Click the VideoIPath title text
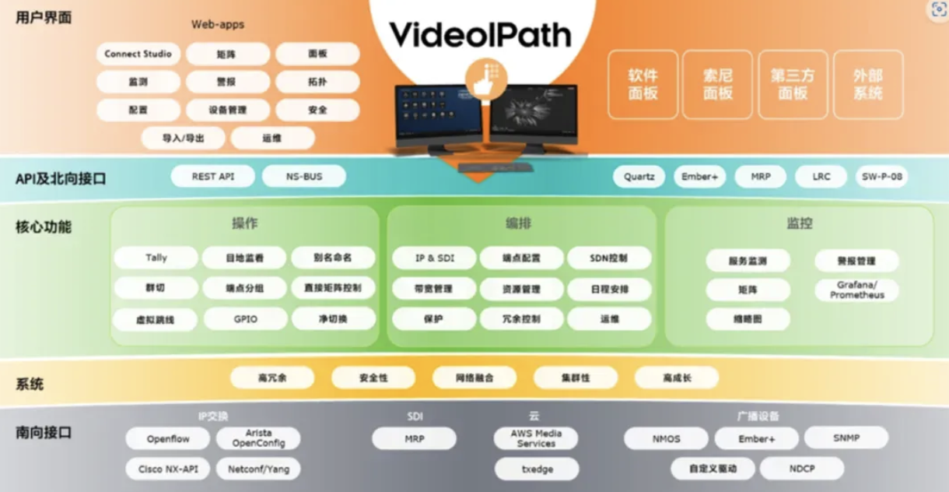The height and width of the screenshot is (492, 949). pos(480,34)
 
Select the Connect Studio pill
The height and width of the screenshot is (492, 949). pos(138,54)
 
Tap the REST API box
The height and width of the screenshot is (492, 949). pos(213,177)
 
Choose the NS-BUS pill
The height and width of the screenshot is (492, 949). pos(303,177)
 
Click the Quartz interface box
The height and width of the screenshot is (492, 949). pos(639,177)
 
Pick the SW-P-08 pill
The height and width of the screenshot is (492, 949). pos(881,177)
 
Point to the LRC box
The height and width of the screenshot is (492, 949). pos(821,177)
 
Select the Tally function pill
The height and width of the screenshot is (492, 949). pos(156,258)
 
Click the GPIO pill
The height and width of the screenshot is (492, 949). pos(245,318)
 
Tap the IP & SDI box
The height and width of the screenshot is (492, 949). pos(434,258)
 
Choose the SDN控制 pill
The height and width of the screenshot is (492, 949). pos(609,258)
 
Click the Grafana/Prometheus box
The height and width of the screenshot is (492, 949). pos(856,290)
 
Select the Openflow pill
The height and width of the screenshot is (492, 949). pos(168,439)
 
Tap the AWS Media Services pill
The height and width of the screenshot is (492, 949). pos(536,438)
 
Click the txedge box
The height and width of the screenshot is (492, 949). pos(536,469)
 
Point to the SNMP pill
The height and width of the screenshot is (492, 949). pos(846,438)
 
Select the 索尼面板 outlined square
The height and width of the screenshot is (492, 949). pos(717,84)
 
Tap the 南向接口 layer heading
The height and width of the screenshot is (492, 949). pos(44,432)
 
